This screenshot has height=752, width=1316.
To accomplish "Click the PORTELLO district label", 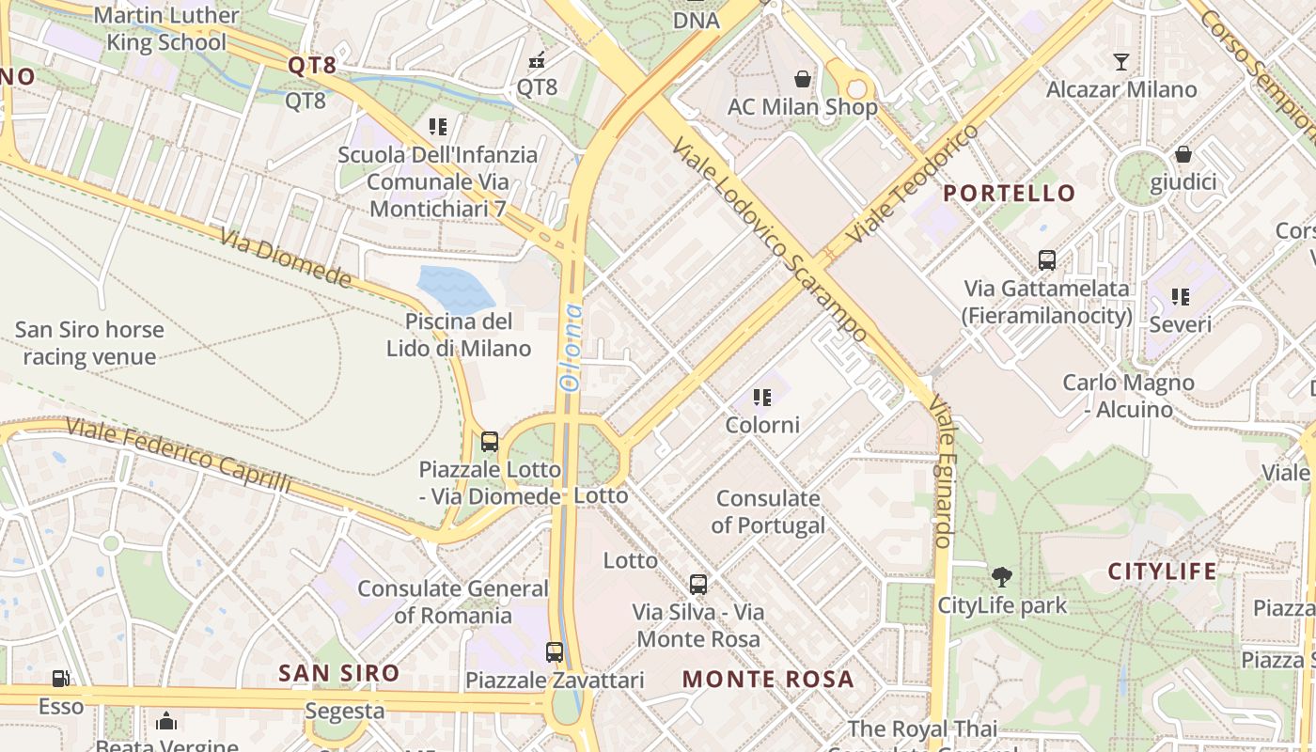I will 1009,194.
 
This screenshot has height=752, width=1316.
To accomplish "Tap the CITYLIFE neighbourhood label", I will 1162,572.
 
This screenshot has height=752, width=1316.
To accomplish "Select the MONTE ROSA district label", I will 768,679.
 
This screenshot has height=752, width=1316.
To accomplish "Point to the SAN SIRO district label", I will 339,673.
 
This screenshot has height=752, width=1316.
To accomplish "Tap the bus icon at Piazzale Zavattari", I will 555,651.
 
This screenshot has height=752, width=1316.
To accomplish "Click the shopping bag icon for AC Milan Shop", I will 803,78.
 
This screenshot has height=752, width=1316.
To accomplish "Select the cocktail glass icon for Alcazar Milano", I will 1120,62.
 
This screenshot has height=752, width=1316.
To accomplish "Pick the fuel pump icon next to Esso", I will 60,678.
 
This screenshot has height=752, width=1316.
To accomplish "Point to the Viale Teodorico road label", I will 911,182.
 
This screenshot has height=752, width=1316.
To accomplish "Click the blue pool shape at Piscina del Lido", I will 455,288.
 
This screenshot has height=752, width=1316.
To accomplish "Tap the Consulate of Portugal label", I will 768,512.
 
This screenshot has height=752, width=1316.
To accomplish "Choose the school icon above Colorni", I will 762,398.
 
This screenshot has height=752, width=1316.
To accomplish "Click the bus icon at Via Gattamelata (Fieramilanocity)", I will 1046,260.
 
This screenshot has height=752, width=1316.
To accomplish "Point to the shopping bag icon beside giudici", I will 1183,153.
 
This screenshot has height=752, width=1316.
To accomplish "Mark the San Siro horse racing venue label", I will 89,343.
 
